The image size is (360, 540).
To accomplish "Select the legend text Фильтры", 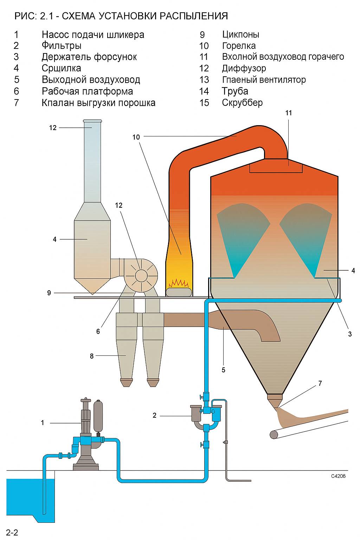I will pos(62,46).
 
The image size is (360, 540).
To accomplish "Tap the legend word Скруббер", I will pos(242,103).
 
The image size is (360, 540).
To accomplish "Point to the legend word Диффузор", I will pos(244,68).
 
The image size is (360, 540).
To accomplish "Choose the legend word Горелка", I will pos(239,46).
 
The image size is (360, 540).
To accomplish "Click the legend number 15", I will pos(204,103).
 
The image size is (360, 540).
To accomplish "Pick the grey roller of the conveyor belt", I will pos(274,435).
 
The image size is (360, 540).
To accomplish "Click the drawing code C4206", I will pos(338,476).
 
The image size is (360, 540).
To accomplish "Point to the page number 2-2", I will pos(12,532).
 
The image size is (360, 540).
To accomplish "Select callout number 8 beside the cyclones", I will pos(92,356).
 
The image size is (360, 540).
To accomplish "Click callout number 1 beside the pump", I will pos(43,423).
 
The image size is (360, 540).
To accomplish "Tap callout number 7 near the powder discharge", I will pos(320,384).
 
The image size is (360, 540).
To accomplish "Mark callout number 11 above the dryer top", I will pos(289,113).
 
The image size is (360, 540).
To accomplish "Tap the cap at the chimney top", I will pos(92,121).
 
